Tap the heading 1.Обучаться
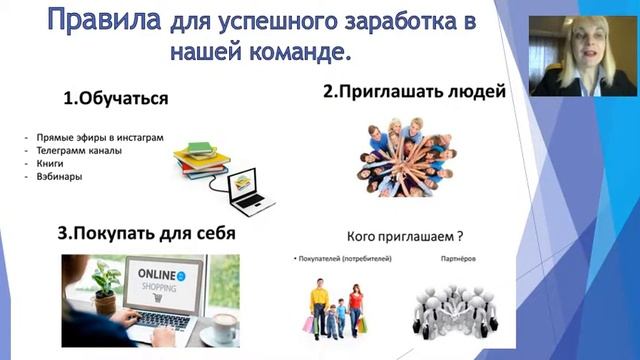click(114, 99)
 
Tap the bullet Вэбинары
click(55, 177)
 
